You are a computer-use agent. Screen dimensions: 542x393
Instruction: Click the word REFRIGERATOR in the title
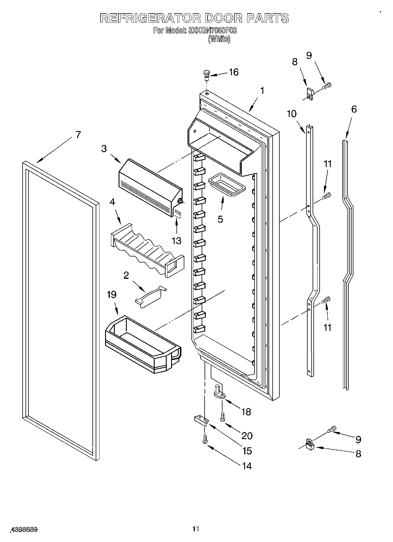click(150, 18)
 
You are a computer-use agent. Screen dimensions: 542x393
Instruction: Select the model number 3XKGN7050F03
click(212, 30)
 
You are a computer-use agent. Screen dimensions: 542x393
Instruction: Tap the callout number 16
click(234, 72)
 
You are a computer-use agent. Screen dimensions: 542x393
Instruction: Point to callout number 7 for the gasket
click(78, 135)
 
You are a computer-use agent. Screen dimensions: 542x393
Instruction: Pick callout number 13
click(176, 241)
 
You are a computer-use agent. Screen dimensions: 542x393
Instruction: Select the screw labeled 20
click(222, 417)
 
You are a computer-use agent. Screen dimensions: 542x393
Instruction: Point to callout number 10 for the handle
click(291, 114)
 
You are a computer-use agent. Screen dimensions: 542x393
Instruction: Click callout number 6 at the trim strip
click(354, 109)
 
